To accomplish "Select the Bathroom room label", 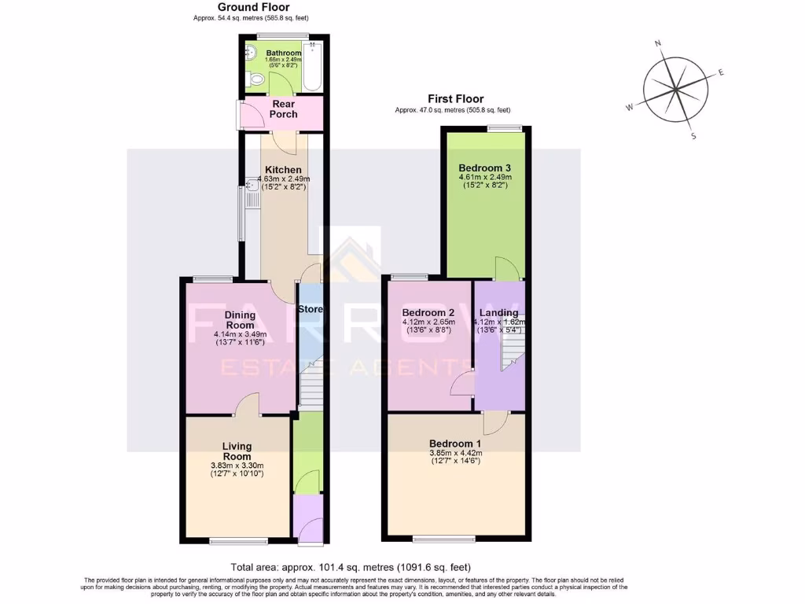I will point(284,53).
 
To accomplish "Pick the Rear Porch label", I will point(283,109).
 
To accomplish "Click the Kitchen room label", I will point(283,170).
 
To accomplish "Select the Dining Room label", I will point(240,320).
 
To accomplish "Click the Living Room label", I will point(237,451).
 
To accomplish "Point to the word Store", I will point(311,309).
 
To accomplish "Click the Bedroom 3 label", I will point(485,168).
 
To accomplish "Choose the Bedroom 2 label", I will point(428,312).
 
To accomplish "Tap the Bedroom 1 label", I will point(456,444).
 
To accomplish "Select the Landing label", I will point(499,312).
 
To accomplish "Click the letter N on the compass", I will point(658,44).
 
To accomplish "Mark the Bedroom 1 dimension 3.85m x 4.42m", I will point(456,453).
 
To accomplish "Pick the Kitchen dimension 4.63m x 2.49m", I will point(283,179).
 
